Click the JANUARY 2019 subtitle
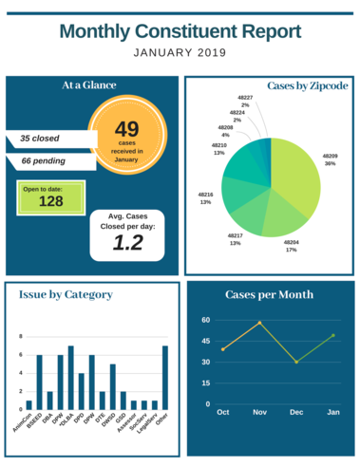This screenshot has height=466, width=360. click(180, 53)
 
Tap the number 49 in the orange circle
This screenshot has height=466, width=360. click(127, 128)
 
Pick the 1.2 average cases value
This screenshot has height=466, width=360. click(127, 243)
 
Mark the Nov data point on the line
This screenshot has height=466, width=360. click(259, 323)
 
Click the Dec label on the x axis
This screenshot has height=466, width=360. click(296, 413)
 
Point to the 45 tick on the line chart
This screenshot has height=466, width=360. click(205, 342)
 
